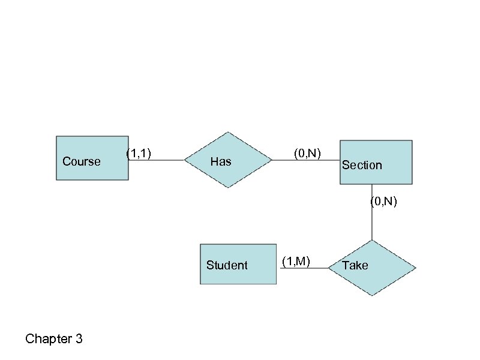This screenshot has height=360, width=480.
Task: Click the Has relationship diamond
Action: (228, 160)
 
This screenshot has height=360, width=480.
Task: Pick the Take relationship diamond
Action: (372, 268)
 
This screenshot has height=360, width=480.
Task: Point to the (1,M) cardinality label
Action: (296, 260)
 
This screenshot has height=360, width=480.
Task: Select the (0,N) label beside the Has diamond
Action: (308, 154)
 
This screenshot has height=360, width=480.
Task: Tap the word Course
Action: (82, 161)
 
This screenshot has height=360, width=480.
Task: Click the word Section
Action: (362, 165)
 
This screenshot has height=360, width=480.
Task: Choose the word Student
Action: (227, 265)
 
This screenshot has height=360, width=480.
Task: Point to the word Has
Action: (221, 161)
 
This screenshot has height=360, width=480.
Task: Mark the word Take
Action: (355, 265)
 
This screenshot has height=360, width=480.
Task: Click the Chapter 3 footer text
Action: (54, 340)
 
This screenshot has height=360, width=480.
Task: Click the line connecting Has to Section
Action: (306, 160)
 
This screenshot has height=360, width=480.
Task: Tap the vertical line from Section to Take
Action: (372, 222)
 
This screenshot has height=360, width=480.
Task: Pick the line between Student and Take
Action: (303, 268)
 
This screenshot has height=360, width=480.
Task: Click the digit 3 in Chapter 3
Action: (79, 340)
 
